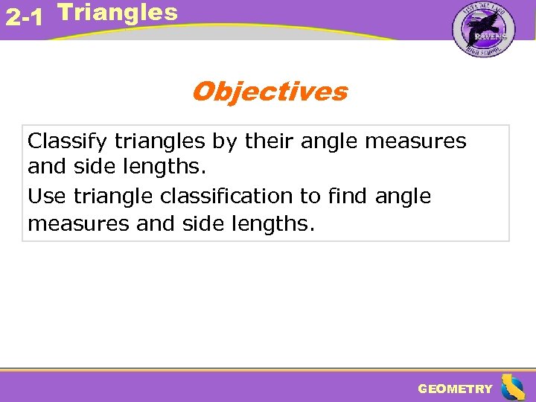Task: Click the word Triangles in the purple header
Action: [118, 12]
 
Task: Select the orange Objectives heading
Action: [269, 92]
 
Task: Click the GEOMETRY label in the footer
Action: [455, 389]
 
